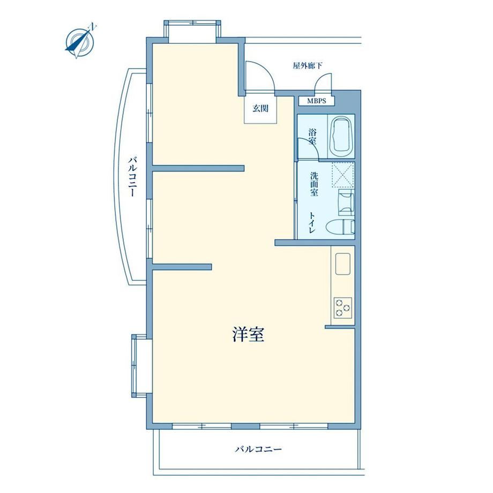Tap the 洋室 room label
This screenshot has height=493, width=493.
click(x=248, y=334)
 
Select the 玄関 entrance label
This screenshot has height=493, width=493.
click(x=260, y=108)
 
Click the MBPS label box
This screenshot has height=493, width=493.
click(x=316, y=101)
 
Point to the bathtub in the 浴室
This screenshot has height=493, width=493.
click(x=341, y=136)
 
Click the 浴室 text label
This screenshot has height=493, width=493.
click(x=312, y=136)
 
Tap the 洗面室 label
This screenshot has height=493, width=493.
click(x=314, y=184)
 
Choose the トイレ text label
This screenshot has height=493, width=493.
click(x=312, y=222)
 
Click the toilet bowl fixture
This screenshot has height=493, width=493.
click(x=340, y=227)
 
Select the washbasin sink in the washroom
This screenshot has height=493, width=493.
click(x=346, y=202)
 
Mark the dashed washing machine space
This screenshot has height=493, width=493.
click(x=343, y=175)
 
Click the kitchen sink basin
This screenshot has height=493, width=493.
click(x=343, y=264)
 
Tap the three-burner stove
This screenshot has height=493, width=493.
click(x=343, y=307)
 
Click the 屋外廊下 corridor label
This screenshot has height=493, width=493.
click(x=308, y=66)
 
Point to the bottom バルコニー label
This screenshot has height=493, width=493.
click(x=258, y=449)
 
